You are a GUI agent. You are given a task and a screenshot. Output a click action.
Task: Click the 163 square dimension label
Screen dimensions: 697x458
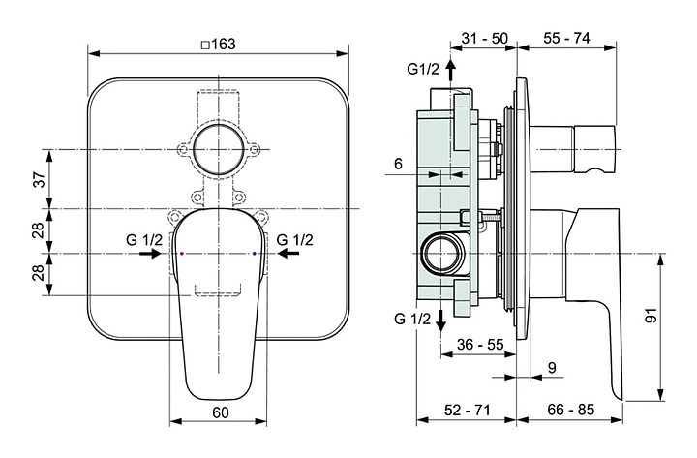218,45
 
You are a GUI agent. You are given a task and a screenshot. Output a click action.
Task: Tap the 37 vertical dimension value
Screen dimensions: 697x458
40,179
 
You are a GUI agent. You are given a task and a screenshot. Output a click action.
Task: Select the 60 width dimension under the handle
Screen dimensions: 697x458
220,412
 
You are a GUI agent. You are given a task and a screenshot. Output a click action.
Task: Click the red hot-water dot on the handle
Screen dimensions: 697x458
182,254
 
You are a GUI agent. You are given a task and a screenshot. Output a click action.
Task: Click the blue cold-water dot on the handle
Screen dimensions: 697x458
254,254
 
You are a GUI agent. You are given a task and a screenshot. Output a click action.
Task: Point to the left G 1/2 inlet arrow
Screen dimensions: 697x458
150,254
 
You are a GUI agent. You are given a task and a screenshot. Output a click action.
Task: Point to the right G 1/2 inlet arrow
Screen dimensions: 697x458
288,254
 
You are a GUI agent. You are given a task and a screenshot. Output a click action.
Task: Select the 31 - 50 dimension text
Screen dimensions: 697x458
484,38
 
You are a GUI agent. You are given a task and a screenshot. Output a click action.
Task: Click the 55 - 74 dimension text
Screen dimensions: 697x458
566,38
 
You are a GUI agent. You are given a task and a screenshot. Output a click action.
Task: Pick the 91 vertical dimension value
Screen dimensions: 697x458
651,316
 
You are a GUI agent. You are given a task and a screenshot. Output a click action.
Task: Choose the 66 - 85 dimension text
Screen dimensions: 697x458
571,409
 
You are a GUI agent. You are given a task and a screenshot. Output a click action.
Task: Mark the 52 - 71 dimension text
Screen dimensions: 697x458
468,410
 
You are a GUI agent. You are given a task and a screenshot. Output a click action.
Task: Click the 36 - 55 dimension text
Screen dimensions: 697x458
480,344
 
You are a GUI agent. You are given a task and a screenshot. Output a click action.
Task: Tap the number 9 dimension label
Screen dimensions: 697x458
552,368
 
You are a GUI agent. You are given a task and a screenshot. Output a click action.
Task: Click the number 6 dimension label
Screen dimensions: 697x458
398,164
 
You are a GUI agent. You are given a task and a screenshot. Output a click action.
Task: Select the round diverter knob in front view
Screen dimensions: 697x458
219,149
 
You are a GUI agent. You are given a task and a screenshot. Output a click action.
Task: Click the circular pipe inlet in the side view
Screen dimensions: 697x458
443,255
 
